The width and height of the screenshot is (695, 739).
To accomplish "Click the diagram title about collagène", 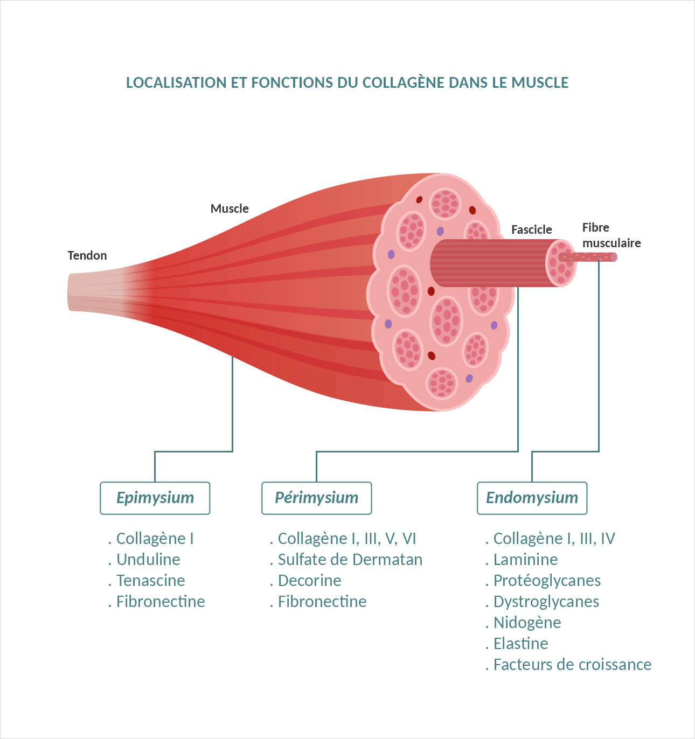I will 347,82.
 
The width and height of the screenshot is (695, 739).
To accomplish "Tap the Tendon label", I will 87,255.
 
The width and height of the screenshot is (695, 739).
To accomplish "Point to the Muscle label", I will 230,208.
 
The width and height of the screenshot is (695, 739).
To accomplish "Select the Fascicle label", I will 531,229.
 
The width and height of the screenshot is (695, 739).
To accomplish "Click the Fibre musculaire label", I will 611,235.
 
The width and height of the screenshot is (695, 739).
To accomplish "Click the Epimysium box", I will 155,498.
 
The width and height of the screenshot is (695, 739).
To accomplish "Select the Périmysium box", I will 316,498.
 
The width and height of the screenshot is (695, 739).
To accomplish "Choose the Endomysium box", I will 532,498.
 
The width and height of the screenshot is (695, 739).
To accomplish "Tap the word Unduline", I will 148,560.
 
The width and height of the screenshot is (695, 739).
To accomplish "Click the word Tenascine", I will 150,581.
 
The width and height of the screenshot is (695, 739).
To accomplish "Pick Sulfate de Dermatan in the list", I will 350,560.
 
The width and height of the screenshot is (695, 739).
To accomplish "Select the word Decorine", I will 309,581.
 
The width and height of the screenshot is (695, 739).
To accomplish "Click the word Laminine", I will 525,560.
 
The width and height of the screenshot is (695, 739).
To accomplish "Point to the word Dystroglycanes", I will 546,602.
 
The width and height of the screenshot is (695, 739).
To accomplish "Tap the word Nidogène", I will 527,623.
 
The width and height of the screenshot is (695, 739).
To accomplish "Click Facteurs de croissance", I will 572,665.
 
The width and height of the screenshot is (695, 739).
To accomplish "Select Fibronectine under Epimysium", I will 161,602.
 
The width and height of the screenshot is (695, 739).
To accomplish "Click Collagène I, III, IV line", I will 554,539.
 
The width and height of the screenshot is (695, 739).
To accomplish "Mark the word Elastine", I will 520,644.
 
